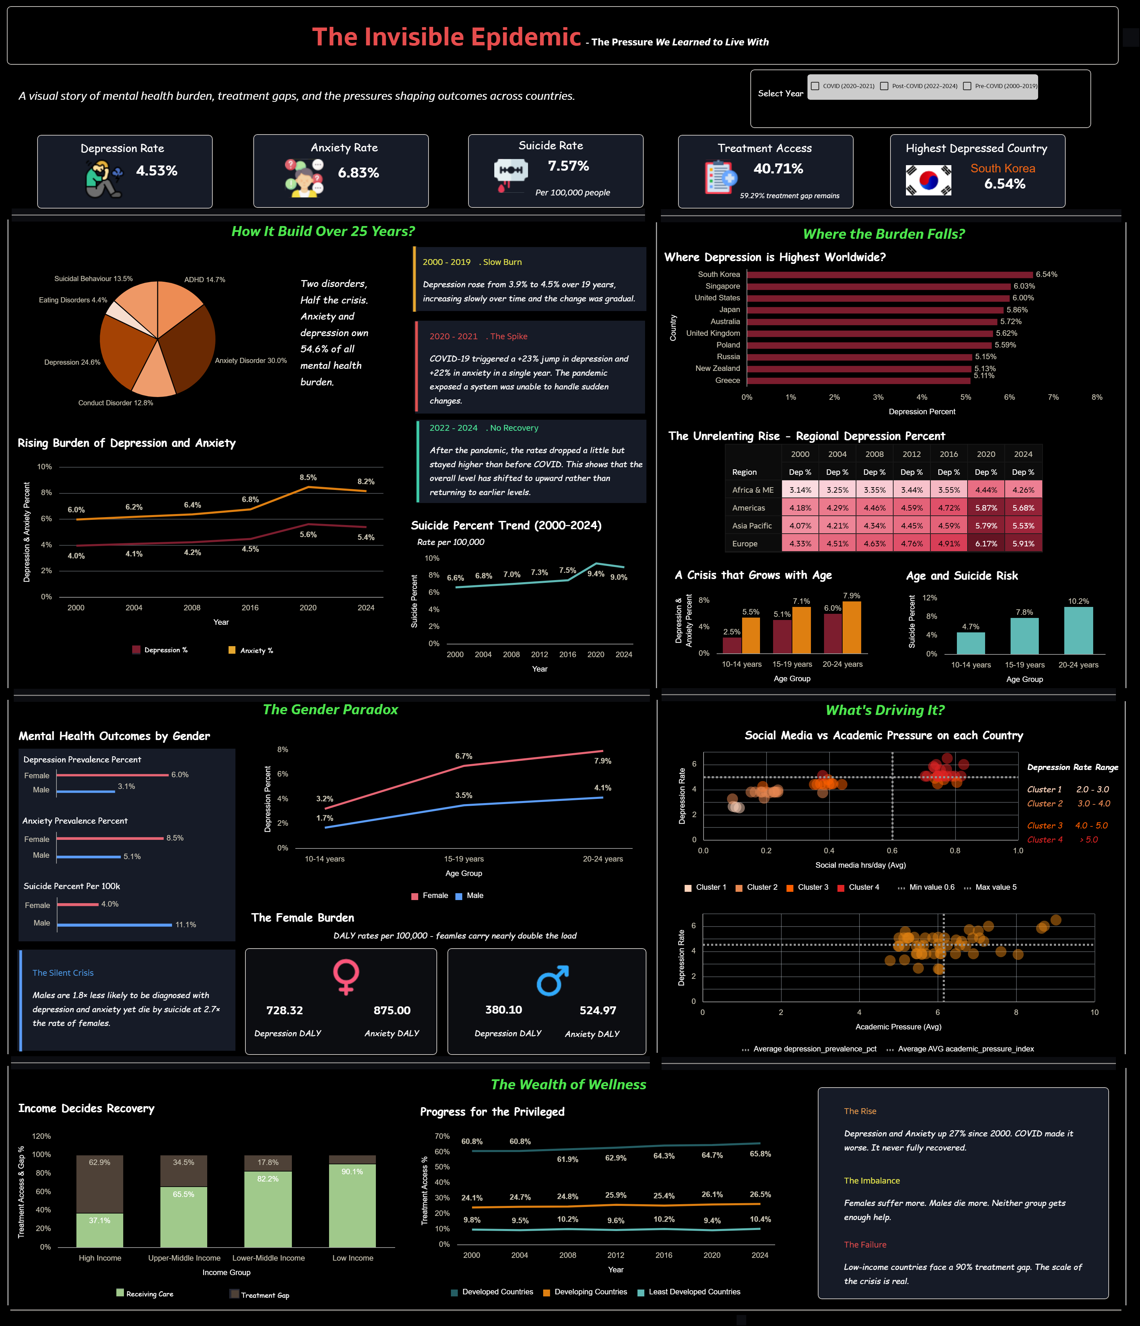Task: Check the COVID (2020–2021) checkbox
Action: [815, 86]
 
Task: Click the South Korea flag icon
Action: [928, 180]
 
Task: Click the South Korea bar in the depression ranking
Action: [890, 275]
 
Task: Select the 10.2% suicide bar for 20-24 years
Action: [1078, 630]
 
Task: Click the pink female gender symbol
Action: [346, 976]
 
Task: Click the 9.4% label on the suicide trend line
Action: [596, 574]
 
